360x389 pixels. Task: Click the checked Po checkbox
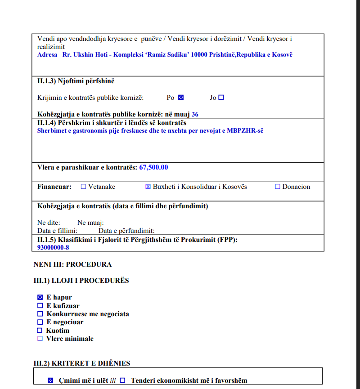click(x=181, y=98)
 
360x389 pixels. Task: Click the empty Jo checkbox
click(x=221, y=98)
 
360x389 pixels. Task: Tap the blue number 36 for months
click(x=195, y=114)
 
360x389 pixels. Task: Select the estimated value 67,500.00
click(x=153, y=167)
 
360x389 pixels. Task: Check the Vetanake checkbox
click(x=83, y=187)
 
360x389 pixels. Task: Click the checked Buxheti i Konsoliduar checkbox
click(x=148, y=187)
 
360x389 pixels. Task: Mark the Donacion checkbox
click(x=277, y=187)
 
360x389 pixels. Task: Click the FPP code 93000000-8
click(x=53, y=247)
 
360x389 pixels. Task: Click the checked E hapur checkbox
click(x=40, y=297)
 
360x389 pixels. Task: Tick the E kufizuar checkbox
click(x=40, y=306)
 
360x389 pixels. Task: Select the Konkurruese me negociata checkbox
click(x=40, y=314)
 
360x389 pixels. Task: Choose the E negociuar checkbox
click(x=40, y=322)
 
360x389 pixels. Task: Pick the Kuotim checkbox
click(x=40, y=331)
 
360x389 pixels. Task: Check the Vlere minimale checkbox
click(x=40, y=339)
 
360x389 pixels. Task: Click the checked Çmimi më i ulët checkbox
click(x=50, y=380)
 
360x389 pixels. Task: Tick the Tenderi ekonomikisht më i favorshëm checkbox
click(x=122, y=380)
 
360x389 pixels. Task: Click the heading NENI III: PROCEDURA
click(x=72, y=264)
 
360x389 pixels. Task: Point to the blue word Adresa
click(x=47, y=54)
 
